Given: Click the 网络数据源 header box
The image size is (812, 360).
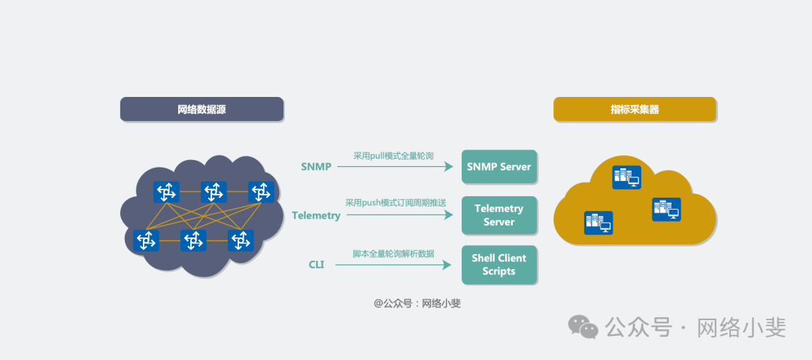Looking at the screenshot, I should tap(201, 110).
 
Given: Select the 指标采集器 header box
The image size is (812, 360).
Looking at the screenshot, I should tap(635, 110).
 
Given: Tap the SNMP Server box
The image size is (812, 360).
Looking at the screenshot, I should tap(498, 167).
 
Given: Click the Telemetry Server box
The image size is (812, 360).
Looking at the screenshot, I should tap(498, 215).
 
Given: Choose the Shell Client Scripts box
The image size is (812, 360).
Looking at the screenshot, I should tap(498, 265).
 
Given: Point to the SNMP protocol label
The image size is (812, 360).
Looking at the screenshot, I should tap(316, 167).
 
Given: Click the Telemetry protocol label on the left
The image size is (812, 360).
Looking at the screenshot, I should tap(316, 216).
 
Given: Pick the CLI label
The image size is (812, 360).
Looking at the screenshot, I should tap(317, 265).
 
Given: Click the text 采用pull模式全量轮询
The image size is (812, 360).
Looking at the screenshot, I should tap(393, 156).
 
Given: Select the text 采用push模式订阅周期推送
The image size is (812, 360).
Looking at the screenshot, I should tap(395, 203).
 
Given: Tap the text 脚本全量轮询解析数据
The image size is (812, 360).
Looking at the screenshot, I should tap(393, 253).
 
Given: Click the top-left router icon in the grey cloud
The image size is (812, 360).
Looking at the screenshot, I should tap(166, 192).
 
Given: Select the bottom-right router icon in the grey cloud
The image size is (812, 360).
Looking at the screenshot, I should tap(241, 241).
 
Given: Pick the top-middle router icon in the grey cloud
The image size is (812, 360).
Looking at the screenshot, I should tap(214, 192).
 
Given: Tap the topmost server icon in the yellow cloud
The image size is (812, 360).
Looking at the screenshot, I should tap(626, 177).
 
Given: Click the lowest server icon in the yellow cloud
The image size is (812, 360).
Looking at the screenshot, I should tap(598, 222).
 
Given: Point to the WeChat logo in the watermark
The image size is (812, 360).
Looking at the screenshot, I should tap(583, 327).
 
